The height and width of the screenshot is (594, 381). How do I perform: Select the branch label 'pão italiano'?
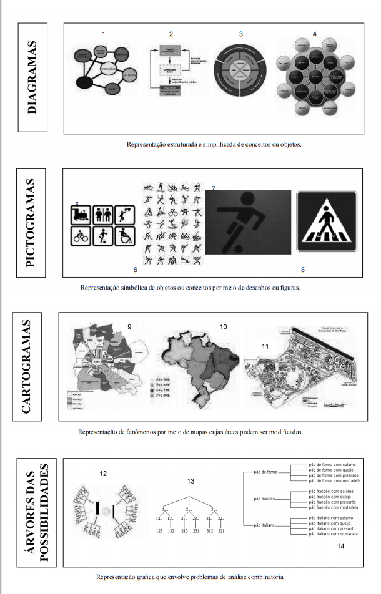(265, 525)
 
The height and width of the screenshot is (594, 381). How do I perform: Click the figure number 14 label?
(340, 547)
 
